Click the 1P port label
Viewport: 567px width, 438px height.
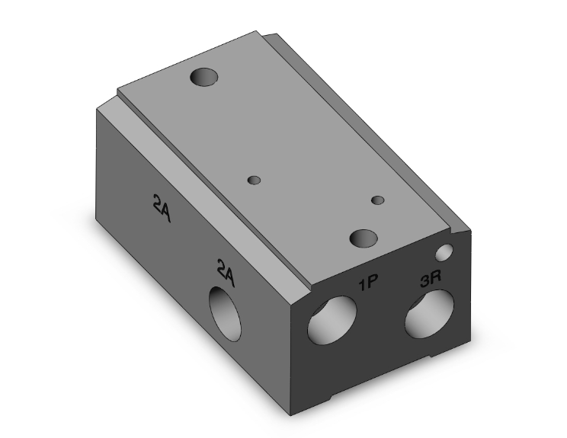coord(368,282)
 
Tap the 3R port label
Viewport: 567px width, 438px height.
coord(431,279)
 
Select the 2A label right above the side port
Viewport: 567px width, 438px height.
coord(226,273)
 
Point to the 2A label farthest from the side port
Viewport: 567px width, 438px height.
coord(162,208)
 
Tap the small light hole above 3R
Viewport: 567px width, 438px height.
coord(444,252)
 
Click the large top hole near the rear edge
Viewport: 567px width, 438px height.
coord(204,77)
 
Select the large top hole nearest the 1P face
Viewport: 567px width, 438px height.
coord(364,238)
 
